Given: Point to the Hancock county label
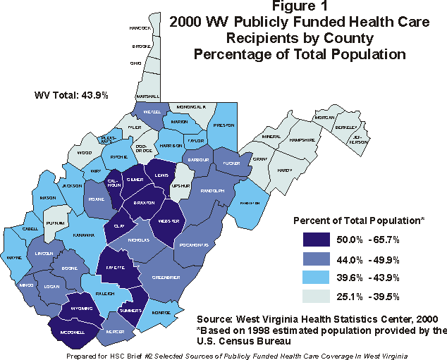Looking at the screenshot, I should tap(141, 28).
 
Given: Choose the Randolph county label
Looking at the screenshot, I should tap(212, 190).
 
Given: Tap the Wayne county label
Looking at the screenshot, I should tap(13, 259).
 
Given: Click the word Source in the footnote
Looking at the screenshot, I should tap(214, 318).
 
